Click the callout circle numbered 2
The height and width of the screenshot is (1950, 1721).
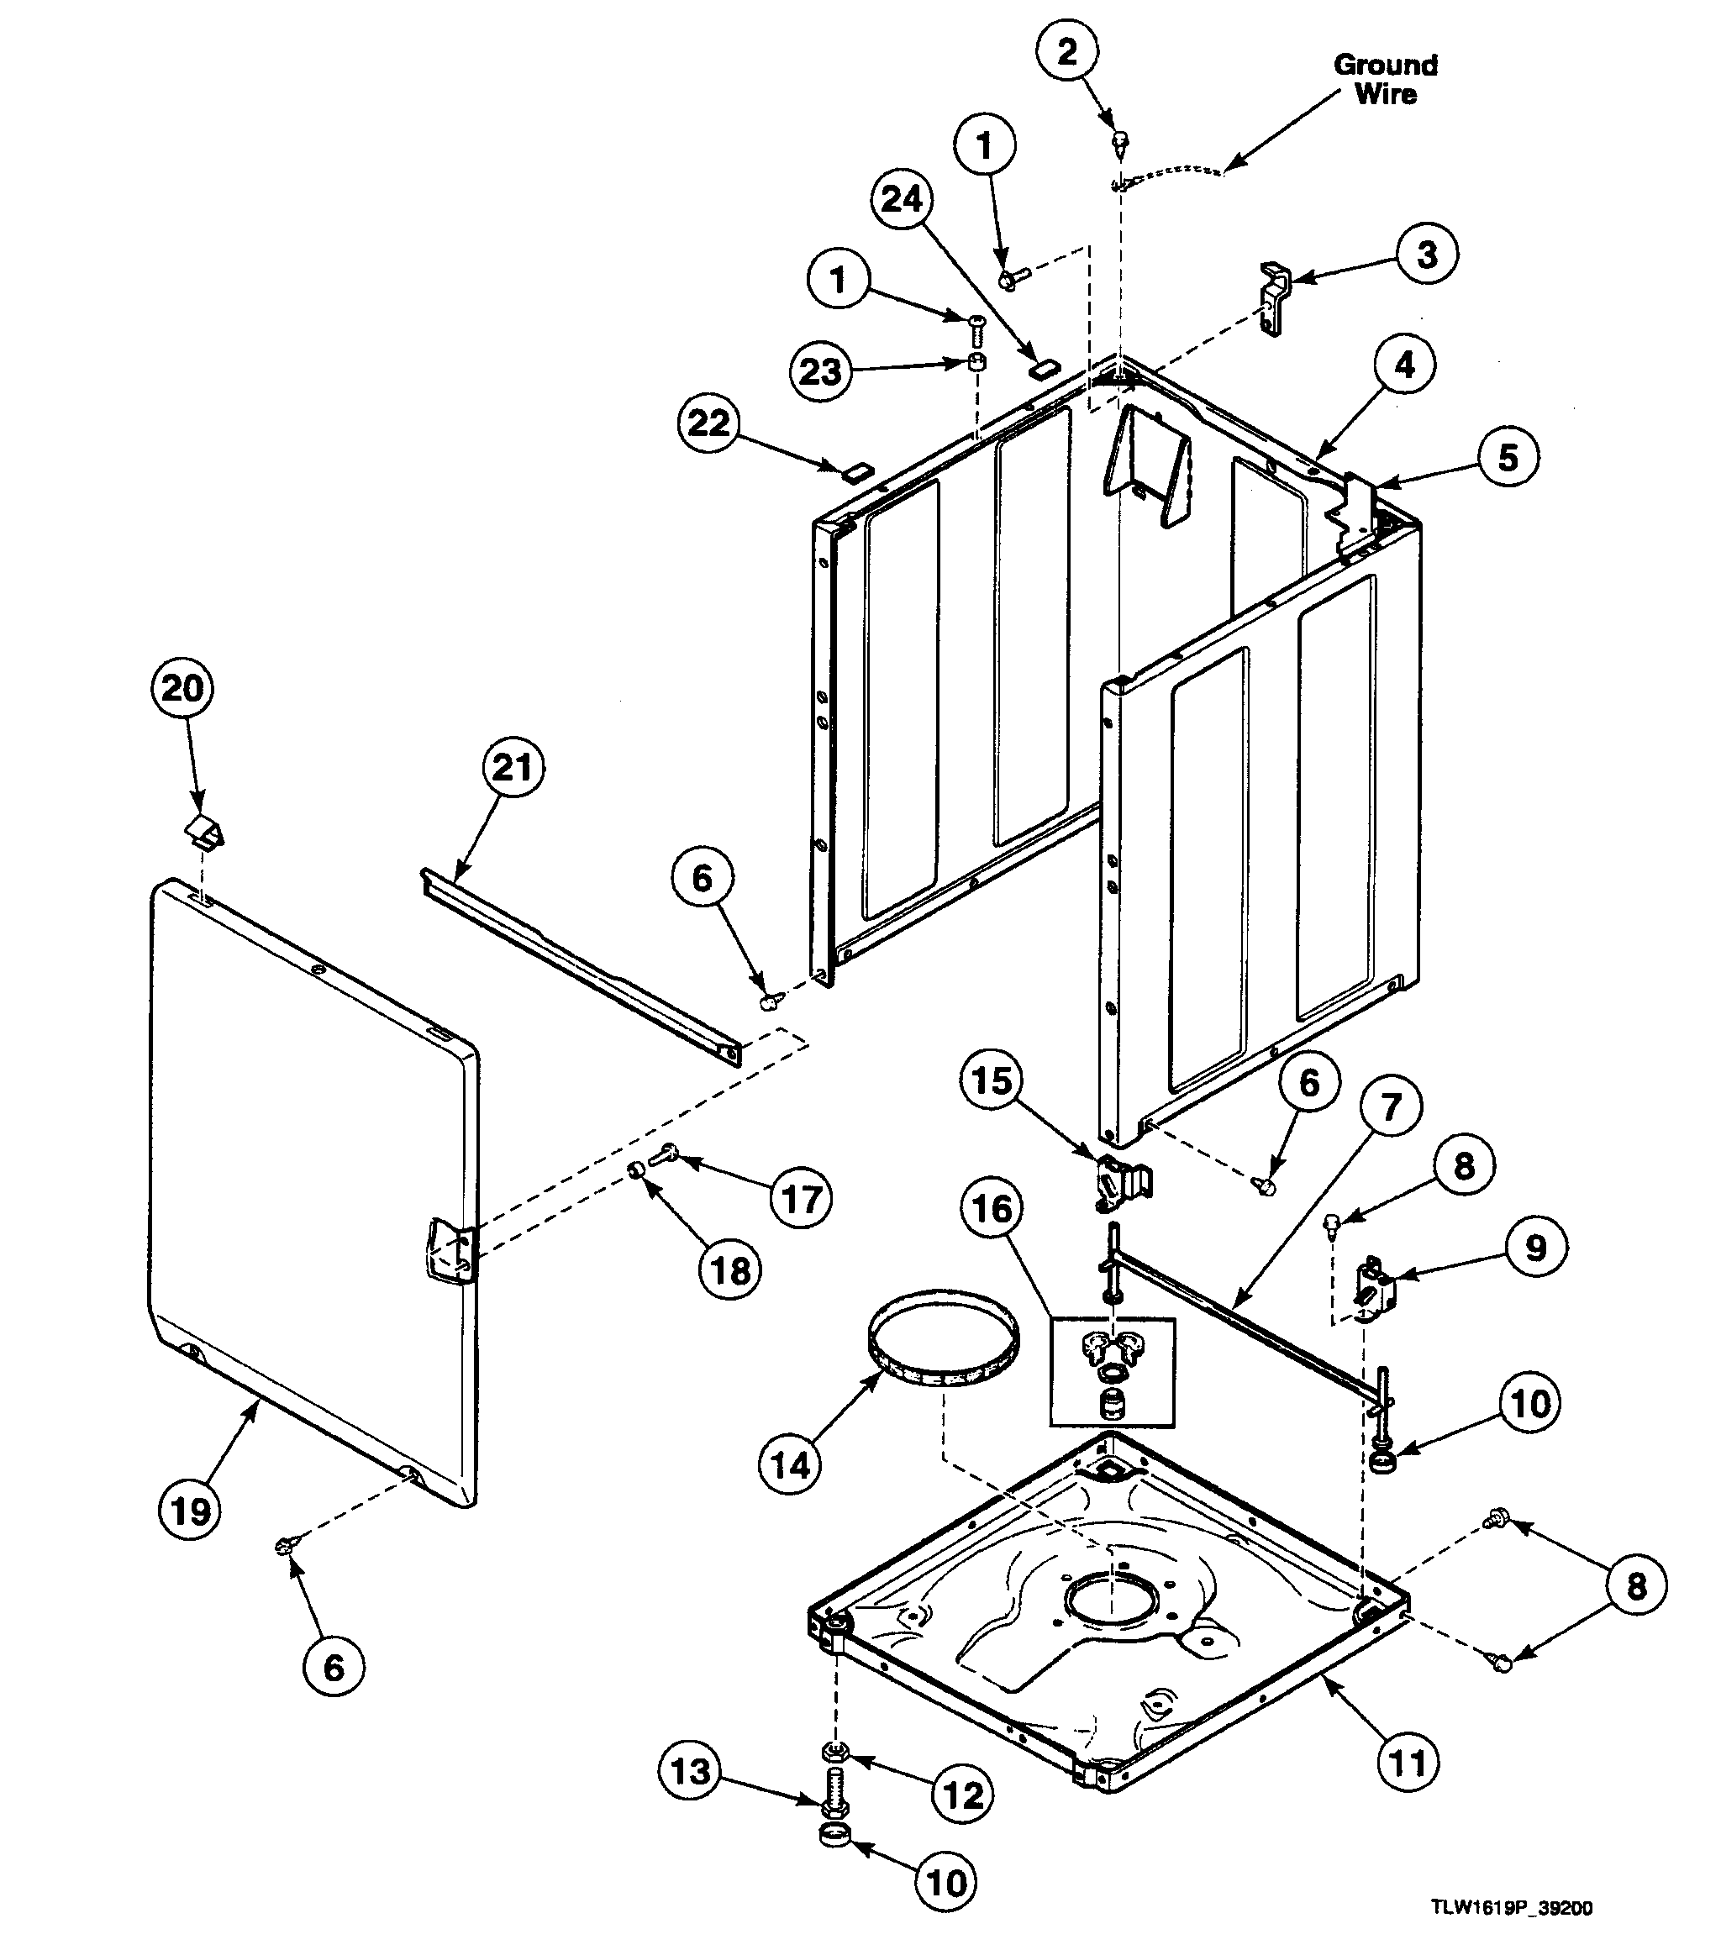click(1066, 50)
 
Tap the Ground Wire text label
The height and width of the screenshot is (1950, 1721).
click(1385, 79)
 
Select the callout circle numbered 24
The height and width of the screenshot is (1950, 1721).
click(901, 199)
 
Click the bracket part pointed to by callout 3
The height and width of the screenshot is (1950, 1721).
click(1274, 297)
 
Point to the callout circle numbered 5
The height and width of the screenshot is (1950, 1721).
click(1508, 457)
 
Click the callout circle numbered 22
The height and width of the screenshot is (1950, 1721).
click(708, 423)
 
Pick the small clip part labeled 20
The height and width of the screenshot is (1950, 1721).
click(203, 831)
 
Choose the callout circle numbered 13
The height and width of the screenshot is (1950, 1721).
click(690, 1772)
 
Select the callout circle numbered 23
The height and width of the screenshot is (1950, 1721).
click(820, 371)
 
